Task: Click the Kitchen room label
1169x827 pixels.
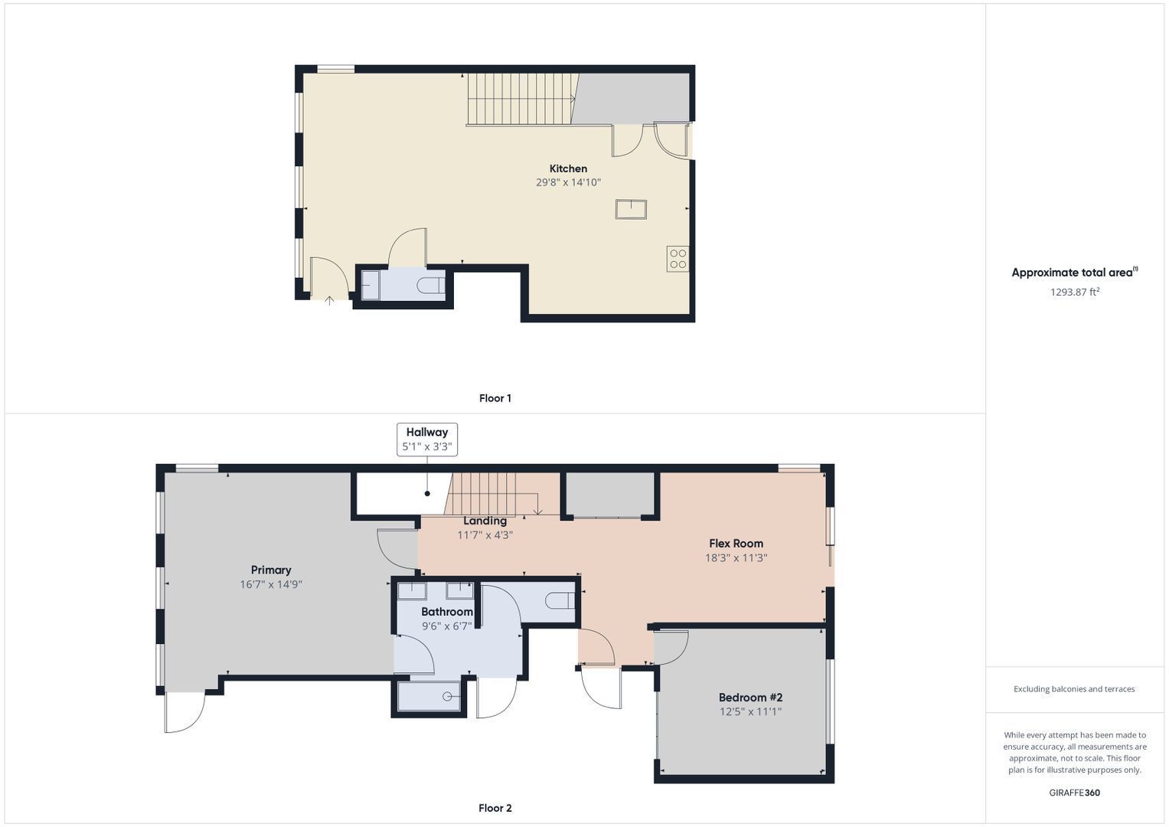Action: click(x=568, y=168)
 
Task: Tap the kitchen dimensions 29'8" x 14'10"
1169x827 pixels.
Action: click(x=568, y=182)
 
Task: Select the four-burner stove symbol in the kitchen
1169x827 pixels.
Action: click(x=678, y=259)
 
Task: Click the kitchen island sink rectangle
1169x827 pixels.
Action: click(x=631, y=209)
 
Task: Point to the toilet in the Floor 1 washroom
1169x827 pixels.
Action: click(x=430, y=286)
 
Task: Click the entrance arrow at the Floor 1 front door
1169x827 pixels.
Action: click(x=329, y=300)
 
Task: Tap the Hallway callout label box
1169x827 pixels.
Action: click(x=427, y=439)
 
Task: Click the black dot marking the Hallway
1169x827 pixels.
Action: click(x=427, y=493)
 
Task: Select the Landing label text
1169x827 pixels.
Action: click(x=485, y=521)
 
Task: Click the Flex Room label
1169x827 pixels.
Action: click(x=736, y=544)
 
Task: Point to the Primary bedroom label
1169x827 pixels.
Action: click(x=271, y=570)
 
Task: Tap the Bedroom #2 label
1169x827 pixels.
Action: click(x=750, y=698)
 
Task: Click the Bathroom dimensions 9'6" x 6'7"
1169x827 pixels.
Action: click(x=447, y=626)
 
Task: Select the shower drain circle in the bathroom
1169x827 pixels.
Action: click(x=447, y=697)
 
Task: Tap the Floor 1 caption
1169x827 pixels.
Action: click(x=495, y=398)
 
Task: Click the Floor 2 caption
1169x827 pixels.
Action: click(x=495, y=808)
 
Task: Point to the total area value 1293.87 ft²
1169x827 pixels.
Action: click(x=1075, y=292)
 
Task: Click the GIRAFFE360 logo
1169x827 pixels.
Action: click(x=1075, y=793)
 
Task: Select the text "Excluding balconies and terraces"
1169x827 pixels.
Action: click(x=1074, y=689)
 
